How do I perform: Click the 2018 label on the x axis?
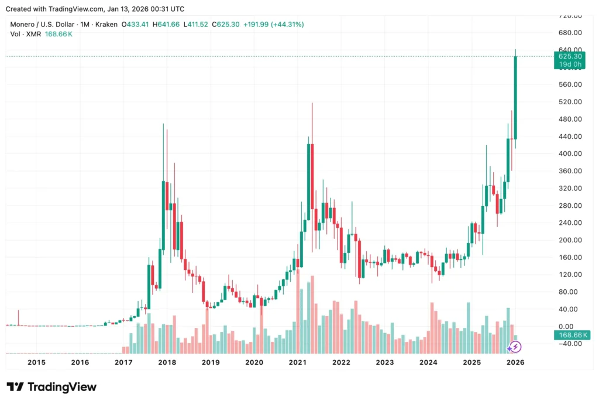(x=167, y=362)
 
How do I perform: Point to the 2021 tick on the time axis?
(x=298, y=362)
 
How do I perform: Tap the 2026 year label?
(x=515, y=362)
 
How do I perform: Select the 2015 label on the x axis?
(x=36, y=362)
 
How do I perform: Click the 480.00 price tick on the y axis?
(x=570, y=119)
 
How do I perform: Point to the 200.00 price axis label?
(x=570, y=240)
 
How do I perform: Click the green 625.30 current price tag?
(x=570, y=56)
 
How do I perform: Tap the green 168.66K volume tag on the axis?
(x=570, y=335)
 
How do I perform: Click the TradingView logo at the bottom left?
(x=51, y=387)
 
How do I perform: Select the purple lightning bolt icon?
(x=514, y=347)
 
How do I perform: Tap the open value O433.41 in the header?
(x=136, y=25)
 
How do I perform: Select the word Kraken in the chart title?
(x=105, y=25)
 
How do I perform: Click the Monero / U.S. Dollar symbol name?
(x=41, y=25)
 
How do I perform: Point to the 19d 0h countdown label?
(x=570, y=64)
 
